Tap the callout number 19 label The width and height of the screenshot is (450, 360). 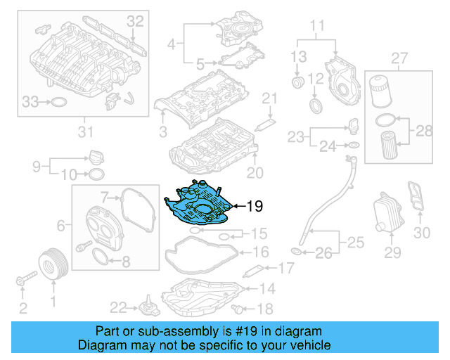[x=255, y=206]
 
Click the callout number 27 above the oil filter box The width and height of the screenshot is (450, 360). [x=399, y=56]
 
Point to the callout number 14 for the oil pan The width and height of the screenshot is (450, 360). [x=267, y=288]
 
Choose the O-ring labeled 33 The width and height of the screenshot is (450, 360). [x=60, y=103]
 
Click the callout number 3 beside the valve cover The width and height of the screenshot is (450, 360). [x=162, y=131]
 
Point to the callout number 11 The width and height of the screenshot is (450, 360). [x=318, y=28]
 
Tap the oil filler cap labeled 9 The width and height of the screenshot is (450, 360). [x=96, y=156]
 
